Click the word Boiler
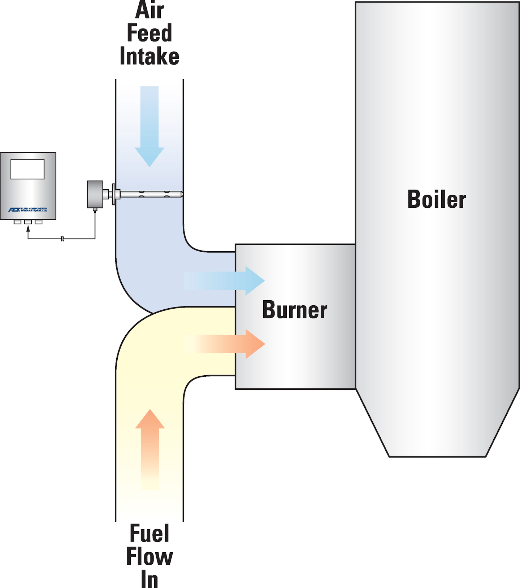pos(436,199)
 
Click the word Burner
pos(294,310)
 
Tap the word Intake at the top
pos(149,57)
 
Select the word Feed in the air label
pos(149,33)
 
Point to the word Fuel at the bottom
pos(149,534)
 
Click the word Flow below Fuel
pos(149,557)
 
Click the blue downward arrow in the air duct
pos(149,126)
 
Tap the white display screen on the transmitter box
pos(27,169)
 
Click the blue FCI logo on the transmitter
pos(14,210)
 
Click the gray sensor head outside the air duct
pos(95,194)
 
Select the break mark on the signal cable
pos(62,239)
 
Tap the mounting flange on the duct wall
pos(114,194)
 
